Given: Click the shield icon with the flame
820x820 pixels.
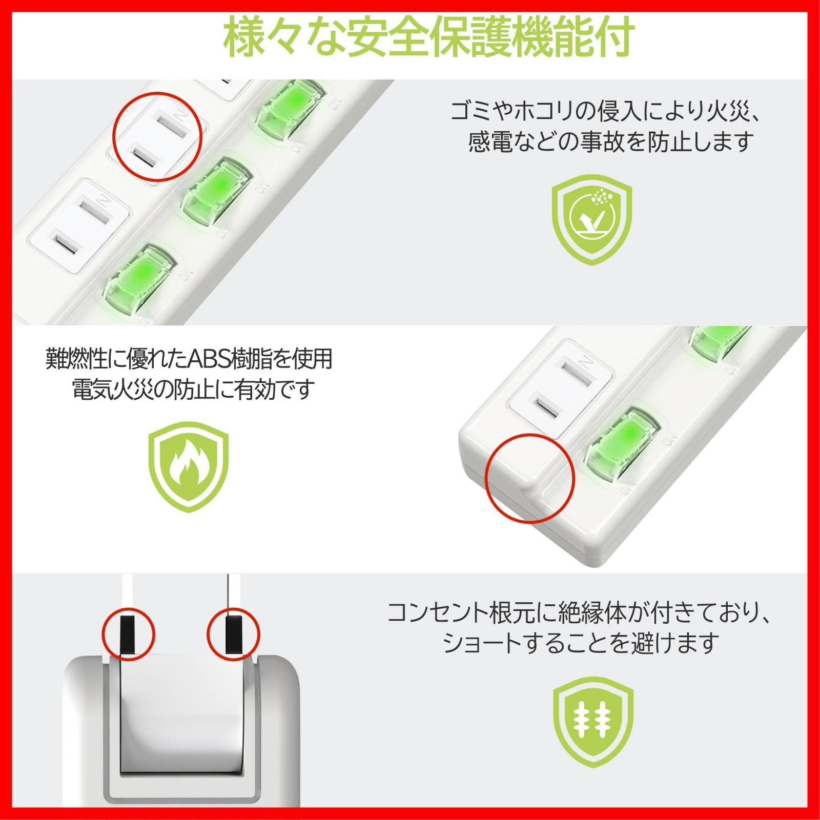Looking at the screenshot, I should [189, 466].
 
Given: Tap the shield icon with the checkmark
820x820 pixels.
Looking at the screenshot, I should [591, 219].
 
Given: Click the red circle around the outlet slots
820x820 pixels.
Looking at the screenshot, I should [157, 137].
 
